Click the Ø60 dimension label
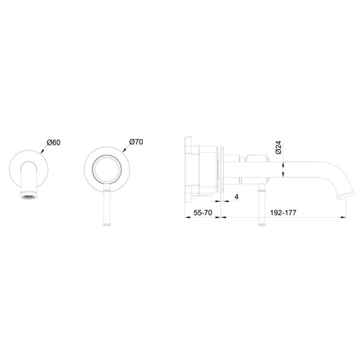click(x=54, y=142)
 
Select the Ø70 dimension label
click(x=136, y=141)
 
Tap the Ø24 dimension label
click(x=279, y=148)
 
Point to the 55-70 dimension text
click(x=203, y=213)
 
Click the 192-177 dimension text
click(x=283, y=213)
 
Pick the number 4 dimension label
click(x=236, y=197)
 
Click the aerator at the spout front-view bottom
click(x=28, y=195)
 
